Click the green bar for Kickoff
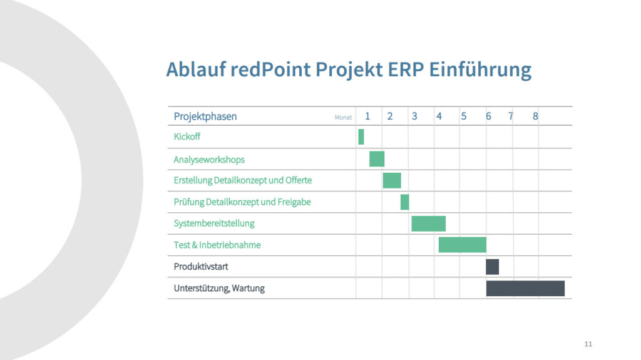click(361, 136)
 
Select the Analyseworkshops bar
click(377, 159)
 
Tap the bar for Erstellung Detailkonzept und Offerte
click(392, 180)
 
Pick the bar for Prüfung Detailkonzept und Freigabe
click(405, 202)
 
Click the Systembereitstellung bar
click(428, 224)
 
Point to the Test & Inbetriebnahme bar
click(463, 245)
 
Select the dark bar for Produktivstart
click(492, 267)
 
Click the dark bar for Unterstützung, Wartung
click(525, 289)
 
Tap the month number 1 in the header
click(367, 116)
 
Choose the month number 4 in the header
click(439, 116)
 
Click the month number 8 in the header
click(535, 116)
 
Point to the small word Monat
click(344, 118)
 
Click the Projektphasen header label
click(205, 116)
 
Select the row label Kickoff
click(187, 136)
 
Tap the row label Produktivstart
click(201, 267)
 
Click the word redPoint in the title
click(270, 69)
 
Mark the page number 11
click(588, 344)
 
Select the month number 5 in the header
click(464, 116)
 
